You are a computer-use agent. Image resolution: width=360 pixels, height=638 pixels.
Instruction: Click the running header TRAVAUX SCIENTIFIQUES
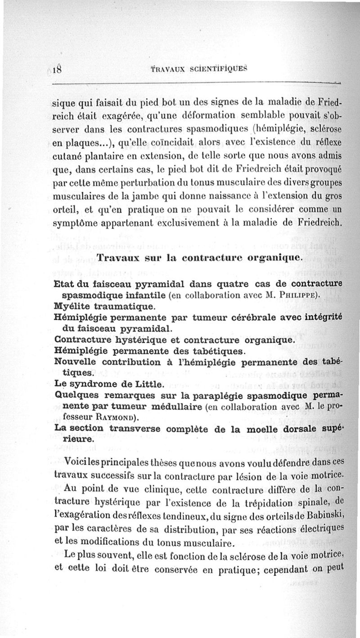tap(199, 70)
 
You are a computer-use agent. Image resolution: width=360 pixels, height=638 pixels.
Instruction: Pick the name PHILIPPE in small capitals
tap(292, 295)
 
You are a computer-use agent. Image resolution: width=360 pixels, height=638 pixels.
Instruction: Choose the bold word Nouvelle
tap(76, 362)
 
